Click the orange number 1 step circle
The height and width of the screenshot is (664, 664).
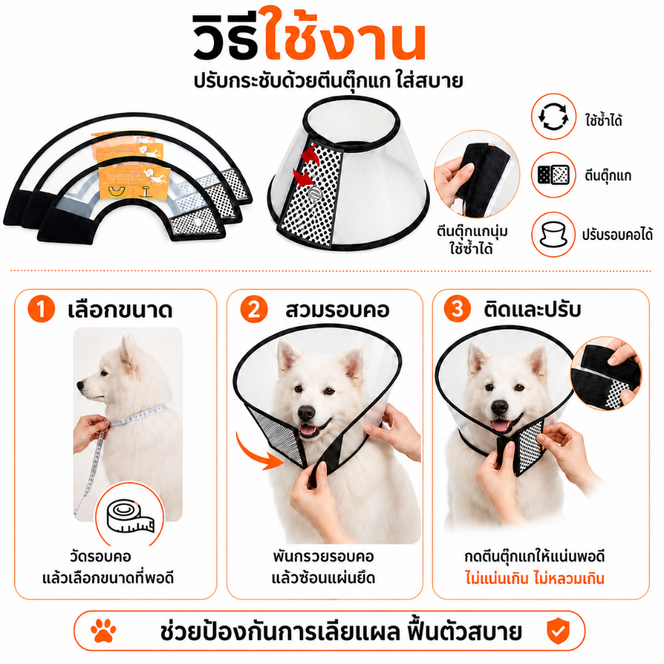41,309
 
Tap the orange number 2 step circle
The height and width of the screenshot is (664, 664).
254,309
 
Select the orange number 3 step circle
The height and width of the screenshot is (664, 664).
457,309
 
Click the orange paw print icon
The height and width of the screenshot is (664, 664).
103,631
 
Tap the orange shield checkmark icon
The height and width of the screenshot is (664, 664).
558,631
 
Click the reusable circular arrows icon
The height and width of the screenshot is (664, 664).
554,117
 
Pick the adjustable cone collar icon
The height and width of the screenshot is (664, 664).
554,234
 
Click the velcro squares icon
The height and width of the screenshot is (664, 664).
554,175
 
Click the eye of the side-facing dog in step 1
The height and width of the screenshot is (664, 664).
103,373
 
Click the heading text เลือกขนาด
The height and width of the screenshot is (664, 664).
120,310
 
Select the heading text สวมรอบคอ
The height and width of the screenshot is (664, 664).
337,310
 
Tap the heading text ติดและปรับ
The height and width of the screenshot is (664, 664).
532,309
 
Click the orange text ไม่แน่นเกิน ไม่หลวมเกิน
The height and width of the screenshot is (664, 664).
534,578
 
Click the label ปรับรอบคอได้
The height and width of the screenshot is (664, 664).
617,234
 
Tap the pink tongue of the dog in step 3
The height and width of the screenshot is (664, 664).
501,425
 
